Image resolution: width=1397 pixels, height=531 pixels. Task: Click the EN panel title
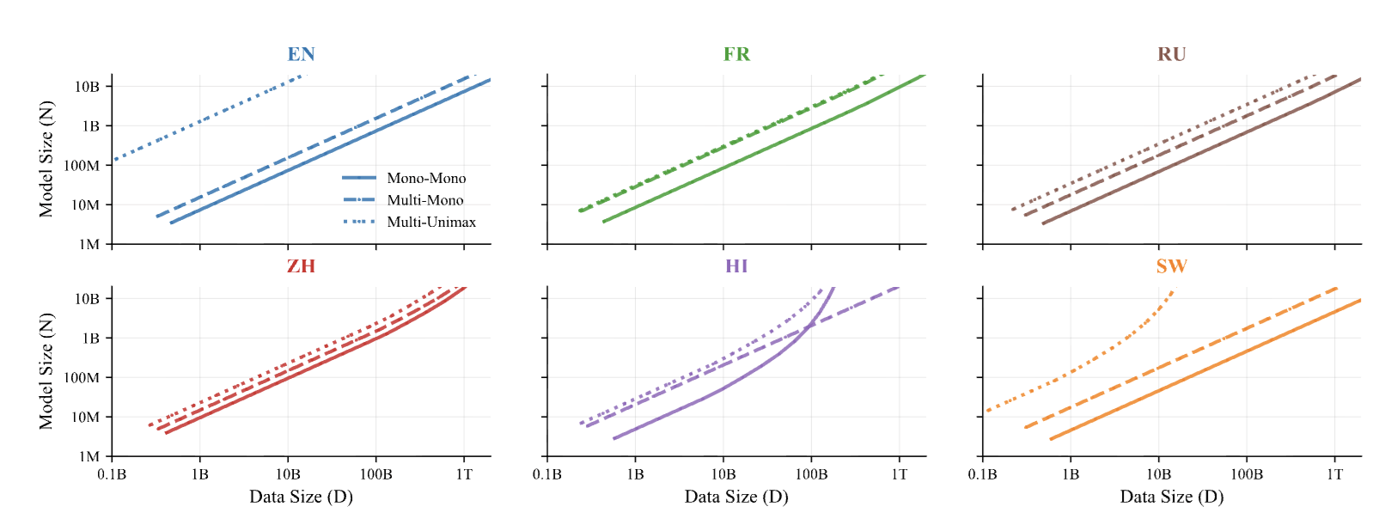tap(301, 54)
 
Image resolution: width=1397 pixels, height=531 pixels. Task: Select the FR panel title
tap(736, 54)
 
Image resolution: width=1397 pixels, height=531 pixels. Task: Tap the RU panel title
tap(1172, 54)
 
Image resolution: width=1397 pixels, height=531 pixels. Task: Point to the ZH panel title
tap(301, 266)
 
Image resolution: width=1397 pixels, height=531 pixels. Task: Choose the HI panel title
tap(736, 266)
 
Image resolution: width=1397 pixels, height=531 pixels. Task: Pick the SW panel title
tap(1172, 266)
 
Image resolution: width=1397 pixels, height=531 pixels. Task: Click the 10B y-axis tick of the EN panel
tap(88, 87)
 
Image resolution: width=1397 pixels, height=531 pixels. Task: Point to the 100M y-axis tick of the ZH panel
tap(82, 378)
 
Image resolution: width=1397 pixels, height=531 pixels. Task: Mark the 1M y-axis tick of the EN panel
tap(89, 245)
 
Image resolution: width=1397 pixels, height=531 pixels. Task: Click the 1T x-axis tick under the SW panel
tap(1334, 474)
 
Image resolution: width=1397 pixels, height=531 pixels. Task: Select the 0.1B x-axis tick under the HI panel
tap(547, 474)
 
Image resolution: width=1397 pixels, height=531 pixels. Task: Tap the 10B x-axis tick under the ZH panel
tap(288, 474)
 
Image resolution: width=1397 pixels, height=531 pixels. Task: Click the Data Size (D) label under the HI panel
tap(736, 497)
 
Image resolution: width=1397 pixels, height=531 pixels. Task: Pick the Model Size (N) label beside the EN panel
tap(46, 159)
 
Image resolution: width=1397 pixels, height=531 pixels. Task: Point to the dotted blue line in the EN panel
tap(206, 118)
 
